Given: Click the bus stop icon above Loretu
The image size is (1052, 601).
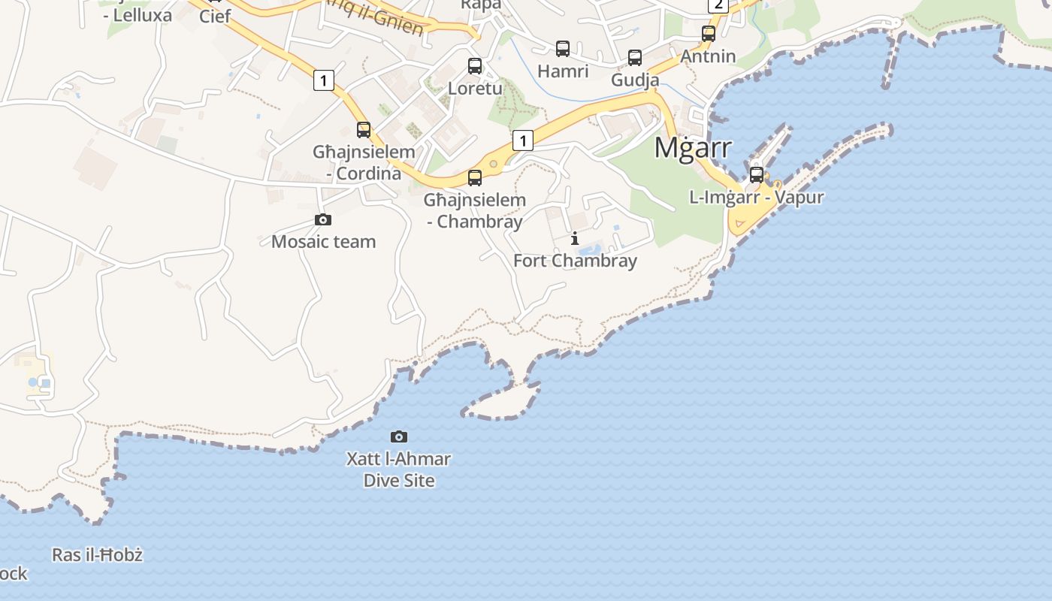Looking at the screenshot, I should [475, 66].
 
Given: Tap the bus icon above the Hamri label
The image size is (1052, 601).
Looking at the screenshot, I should [563, 49].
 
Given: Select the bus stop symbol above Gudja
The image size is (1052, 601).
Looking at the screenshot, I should [635, 58].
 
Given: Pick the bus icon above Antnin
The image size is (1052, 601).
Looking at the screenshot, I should [709, 34].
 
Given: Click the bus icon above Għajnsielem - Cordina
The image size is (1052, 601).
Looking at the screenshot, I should [364, 130].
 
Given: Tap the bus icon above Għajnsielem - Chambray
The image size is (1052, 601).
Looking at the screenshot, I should [475, 178].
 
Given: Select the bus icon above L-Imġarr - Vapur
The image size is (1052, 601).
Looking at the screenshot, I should [757, 175].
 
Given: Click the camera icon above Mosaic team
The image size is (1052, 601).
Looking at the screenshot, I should [323, 220].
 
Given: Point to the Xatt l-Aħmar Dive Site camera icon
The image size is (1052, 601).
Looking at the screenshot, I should [399, 436].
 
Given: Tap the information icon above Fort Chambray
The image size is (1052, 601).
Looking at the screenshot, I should [575, 239].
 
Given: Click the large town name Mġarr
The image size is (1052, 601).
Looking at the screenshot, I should [692, 147].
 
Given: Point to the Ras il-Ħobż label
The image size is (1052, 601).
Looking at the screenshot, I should [97, 555].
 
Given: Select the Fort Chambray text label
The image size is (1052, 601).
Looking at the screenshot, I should [575, 261].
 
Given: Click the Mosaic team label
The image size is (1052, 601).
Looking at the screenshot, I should [323, 241].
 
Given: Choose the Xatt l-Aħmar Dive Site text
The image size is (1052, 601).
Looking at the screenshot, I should [399, 470].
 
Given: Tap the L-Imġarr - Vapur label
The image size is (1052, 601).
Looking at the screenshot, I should [757, 197].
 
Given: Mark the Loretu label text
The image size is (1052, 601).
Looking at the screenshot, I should [475, 88].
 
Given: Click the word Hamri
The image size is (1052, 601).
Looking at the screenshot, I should [563, 71].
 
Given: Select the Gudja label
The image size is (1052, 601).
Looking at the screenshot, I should [635, 80].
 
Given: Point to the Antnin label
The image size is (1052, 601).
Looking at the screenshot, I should [709, 56].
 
